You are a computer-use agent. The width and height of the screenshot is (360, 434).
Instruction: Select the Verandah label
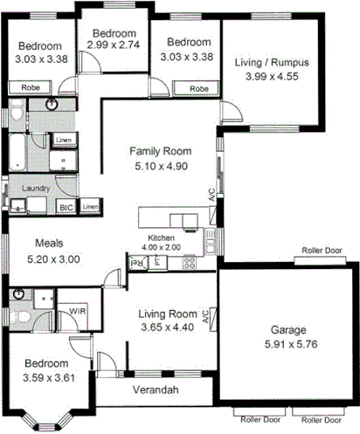pos(156,389)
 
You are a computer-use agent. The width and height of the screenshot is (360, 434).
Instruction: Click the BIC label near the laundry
pos(66,207)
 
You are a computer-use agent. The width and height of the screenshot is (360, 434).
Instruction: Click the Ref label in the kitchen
pos(136,261)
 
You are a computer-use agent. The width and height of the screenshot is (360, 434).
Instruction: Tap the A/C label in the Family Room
pos(211,195)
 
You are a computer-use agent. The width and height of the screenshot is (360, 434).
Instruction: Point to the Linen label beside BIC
pos(91,206)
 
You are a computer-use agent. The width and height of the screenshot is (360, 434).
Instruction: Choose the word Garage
pos(287,330)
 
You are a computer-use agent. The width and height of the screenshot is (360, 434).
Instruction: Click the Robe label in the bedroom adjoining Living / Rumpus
pos(199,89)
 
